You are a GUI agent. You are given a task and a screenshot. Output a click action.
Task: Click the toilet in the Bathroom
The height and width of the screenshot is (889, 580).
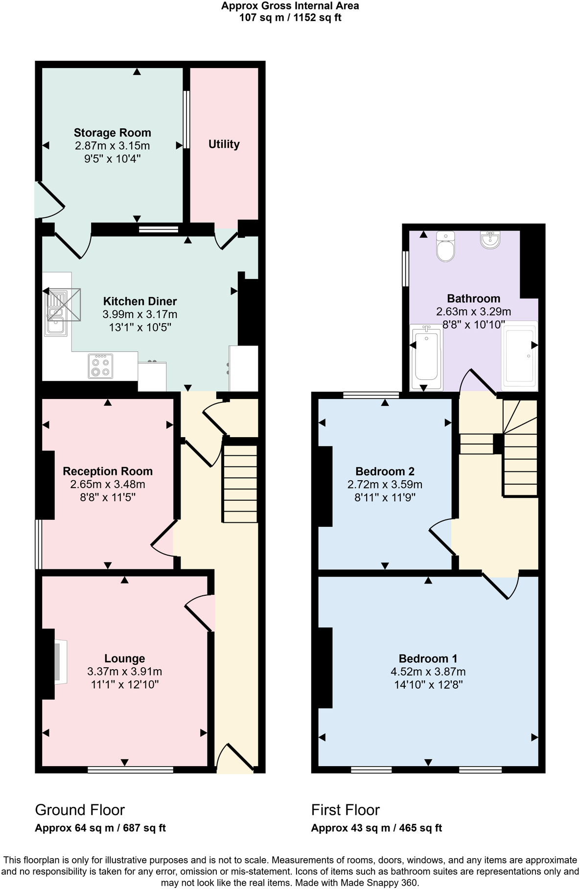[445, 247]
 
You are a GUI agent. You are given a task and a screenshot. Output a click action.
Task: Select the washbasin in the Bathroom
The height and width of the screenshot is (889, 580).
[490, 240]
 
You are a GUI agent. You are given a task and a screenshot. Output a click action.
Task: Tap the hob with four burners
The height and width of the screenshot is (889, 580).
[100, 366]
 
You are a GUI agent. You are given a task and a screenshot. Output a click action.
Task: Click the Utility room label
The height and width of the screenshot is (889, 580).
[224, 144]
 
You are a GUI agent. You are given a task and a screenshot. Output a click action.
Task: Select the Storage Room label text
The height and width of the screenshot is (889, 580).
[112, 133]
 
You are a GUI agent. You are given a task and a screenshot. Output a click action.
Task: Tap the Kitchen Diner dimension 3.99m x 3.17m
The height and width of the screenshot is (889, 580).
[139, 314]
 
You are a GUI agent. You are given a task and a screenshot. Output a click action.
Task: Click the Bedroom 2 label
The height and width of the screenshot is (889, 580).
[385, 471]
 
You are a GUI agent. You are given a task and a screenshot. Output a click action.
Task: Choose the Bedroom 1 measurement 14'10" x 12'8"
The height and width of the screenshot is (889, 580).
[428, 684]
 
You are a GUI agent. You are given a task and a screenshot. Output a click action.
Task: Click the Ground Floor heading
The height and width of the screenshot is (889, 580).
[80, 810]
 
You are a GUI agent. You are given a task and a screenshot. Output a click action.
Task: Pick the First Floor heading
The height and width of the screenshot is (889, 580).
[345, 810]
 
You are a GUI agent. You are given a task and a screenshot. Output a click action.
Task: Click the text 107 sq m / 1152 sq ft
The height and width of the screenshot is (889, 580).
[290, 18]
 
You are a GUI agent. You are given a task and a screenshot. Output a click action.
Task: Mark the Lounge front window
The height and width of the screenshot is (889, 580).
[130, 770]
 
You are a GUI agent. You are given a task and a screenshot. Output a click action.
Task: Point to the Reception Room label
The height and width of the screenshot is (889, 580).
[108, 471]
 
